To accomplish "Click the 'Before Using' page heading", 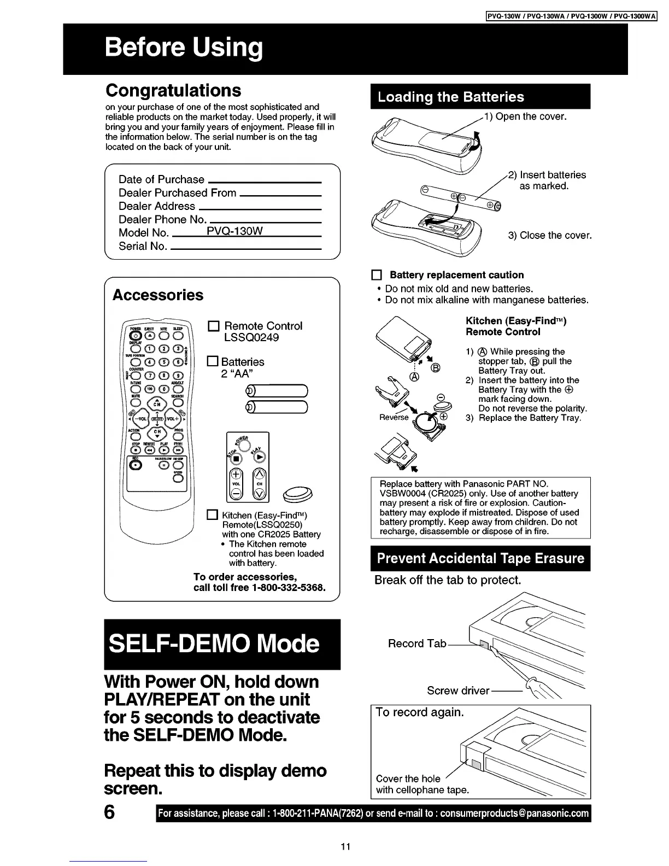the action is (x=184, y=48).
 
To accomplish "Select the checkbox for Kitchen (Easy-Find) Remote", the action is (x=213, y=515).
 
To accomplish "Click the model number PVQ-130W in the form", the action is (x=235, y=231).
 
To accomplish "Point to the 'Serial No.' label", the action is (x=143, y=246).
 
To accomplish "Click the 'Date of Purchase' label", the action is (x=161, y=179).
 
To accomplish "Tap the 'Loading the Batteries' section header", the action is (x=451, y=97).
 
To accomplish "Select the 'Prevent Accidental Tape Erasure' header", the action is (x=480, y=558).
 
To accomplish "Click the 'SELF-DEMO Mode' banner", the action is (x=214, y=643).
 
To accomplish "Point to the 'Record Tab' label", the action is (x=417, y=643).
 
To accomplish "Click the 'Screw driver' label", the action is (x=458, y=691).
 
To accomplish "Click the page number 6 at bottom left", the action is (x=109, y=812).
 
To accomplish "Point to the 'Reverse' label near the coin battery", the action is (x=394, y=417).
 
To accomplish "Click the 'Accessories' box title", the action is (x=157, y=295).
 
